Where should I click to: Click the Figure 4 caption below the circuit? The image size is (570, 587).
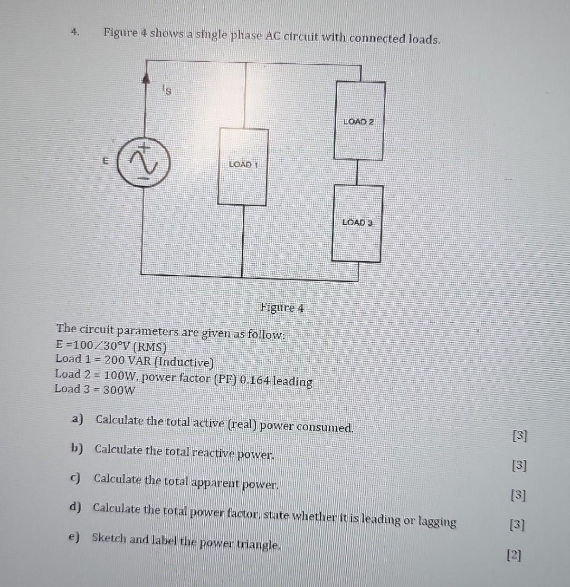282,307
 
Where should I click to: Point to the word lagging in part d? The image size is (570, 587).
437,522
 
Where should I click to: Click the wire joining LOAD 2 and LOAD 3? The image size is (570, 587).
357,172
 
